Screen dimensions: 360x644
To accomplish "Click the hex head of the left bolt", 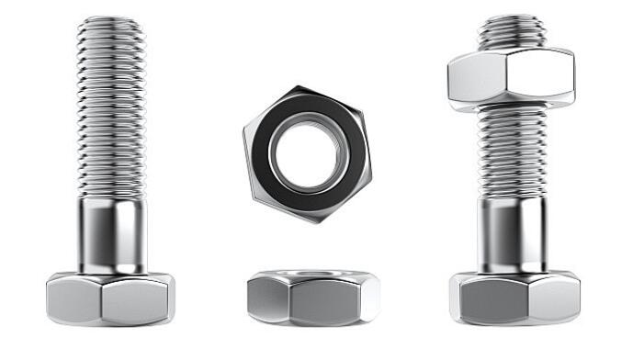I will [110, 298].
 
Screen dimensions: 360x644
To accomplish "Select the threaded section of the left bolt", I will [110, 110].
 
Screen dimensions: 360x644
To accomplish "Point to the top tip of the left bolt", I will [110, 20].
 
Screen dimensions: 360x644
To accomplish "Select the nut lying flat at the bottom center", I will [312, 298].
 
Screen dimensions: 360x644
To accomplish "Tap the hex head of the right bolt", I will [514, 298].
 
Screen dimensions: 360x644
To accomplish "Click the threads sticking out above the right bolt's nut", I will [511, 31].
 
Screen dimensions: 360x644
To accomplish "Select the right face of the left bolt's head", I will [138, 301].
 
